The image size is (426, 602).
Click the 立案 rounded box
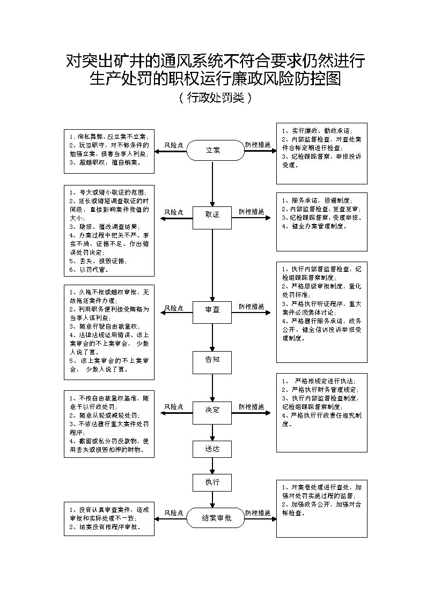click(213, 151)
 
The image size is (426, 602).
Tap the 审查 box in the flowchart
click(212, 309)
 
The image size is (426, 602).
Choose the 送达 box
click(212, 448)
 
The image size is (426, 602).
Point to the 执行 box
click(212, 482)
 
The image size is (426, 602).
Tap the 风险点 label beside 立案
click(174, 145)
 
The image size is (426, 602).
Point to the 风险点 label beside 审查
click(174, 308)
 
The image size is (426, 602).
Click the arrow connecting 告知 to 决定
click(212, 387)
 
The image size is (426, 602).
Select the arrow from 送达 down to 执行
click(212, 465)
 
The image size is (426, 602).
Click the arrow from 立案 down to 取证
click(212, 182)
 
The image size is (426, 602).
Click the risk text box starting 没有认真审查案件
click(108, 518)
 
